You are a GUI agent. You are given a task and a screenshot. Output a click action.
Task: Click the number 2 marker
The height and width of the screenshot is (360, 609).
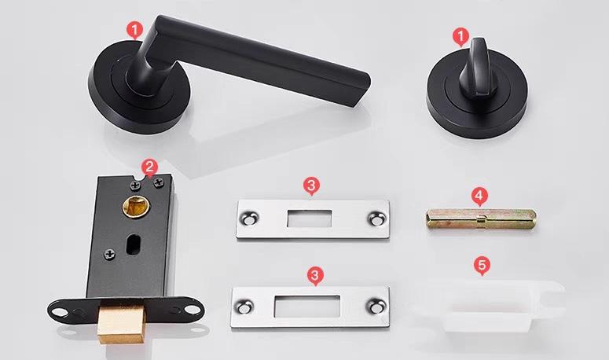click(x=149, y=167)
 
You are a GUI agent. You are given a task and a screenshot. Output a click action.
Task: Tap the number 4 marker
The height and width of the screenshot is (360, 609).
click(x=479, y=197)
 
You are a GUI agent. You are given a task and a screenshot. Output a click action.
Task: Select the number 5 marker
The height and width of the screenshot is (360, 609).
click(x=482, y=265)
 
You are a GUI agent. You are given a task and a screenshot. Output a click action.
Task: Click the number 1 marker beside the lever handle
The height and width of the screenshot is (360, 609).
click(x=135, y=30)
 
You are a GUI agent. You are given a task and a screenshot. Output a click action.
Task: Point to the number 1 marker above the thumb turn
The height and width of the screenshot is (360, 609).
click(x=460, y=36)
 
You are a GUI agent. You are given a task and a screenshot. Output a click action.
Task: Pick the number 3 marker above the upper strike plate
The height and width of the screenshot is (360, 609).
click(x=311, y=186)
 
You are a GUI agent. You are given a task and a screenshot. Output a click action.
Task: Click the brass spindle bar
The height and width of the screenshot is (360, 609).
click(x=481, y=219)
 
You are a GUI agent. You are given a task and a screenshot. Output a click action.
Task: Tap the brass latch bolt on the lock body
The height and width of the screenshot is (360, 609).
click(x=122, y=321)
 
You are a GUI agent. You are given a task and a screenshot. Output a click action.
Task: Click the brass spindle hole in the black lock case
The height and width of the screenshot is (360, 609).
click(x=136, y=207)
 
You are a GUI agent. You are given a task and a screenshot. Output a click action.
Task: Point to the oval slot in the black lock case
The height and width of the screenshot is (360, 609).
click(x=132, y=244)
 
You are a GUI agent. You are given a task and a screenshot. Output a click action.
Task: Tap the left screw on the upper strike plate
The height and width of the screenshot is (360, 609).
click(x=248, y=219)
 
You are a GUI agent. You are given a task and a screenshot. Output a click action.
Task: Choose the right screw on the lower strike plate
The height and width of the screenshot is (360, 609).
click(x=376, y=307)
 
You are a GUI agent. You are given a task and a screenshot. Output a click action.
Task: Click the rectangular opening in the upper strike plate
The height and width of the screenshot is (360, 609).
click(x=309, y=219)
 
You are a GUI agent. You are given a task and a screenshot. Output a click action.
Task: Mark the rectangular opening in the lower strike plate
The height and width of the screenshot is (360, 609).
click(x=306, y=307)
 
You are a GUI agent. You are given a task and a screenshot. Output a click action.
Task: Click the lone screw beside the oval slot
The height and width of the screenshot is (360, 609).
click(x=110, y=255)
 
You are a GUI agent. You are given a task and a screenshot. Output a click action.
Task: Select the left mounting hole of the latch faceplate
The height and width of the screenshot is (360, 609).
click(x=61, y=311)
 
